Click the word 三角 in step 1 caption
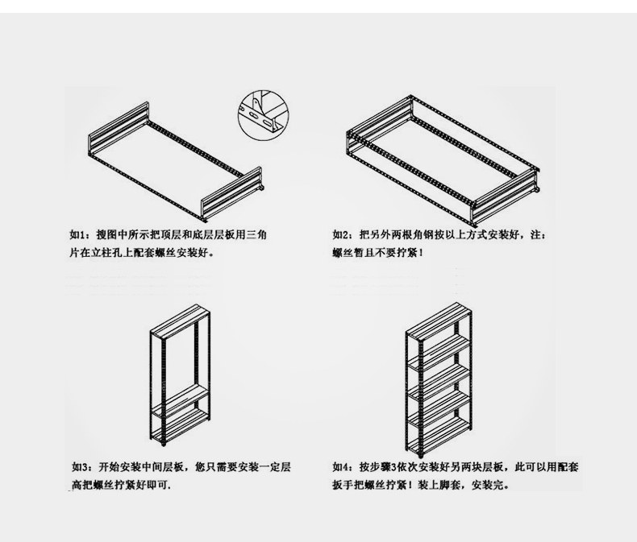tap(267, 235)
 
